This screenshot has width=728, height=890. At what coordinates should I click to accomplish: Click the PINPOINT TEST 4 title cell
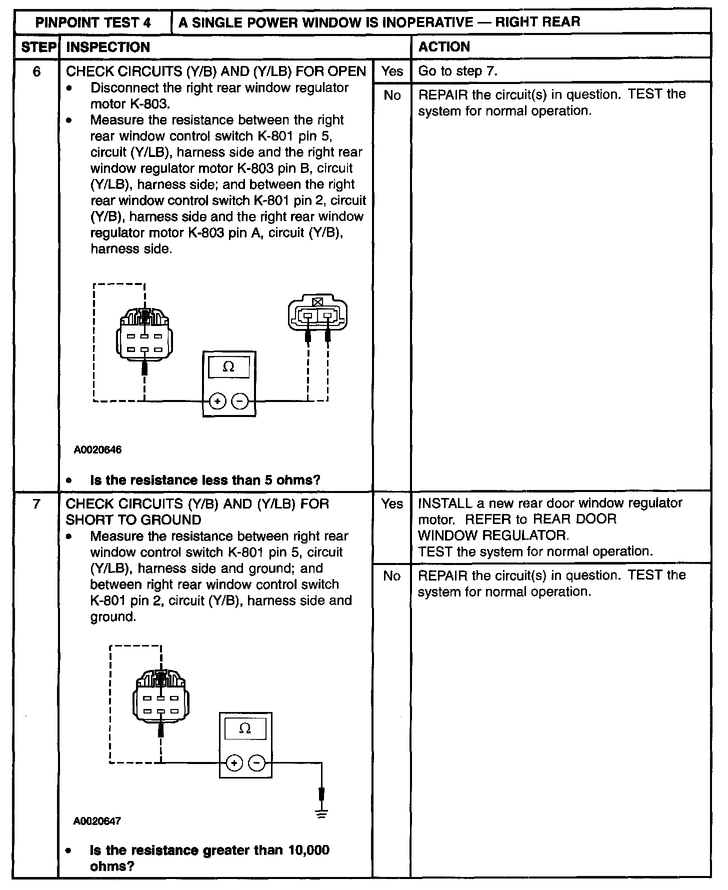click(x=93, y=22)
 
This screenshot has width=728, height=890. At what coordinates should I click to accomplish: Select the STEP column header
click(x=37, y=47)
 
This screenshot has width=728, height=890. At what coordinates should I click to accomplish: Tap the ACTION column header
click(x=444, y=47)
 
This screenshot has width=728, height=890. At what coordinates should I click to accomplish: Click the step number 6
click(x=36, y=71)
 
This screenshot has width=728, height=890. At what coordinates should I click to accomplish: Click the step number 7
click(x=36, y=504)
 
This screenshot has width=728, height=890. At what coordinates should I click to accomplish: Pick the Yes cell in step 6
click(x=392, y=71)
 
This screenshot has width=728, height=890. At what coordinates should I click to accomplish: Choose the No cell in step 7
click(x=392, y=576)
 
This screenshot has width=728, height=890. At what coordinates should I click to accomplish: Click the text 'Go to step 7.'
click(x=458, y=71)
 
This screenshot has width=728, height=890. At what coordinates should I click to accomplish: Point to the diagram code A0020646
click(x=98, y=449)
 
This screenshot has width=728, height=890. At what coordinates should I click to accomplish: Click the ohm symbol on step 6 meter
click(x=228, y=367)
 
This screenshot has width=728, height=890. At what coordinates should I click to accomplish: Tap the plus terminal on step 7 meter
click(x=234, y=763)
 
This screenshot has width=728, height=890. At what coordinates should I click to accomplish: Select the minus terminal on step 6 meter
click(x=241, y=401)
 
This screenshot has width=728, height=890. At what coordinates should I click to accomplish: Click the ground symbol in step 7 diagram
click(x=321, y=815)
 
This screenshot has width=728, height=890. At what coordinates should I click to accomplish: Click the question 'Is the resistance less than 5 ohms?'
click(x=205, y=480)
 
